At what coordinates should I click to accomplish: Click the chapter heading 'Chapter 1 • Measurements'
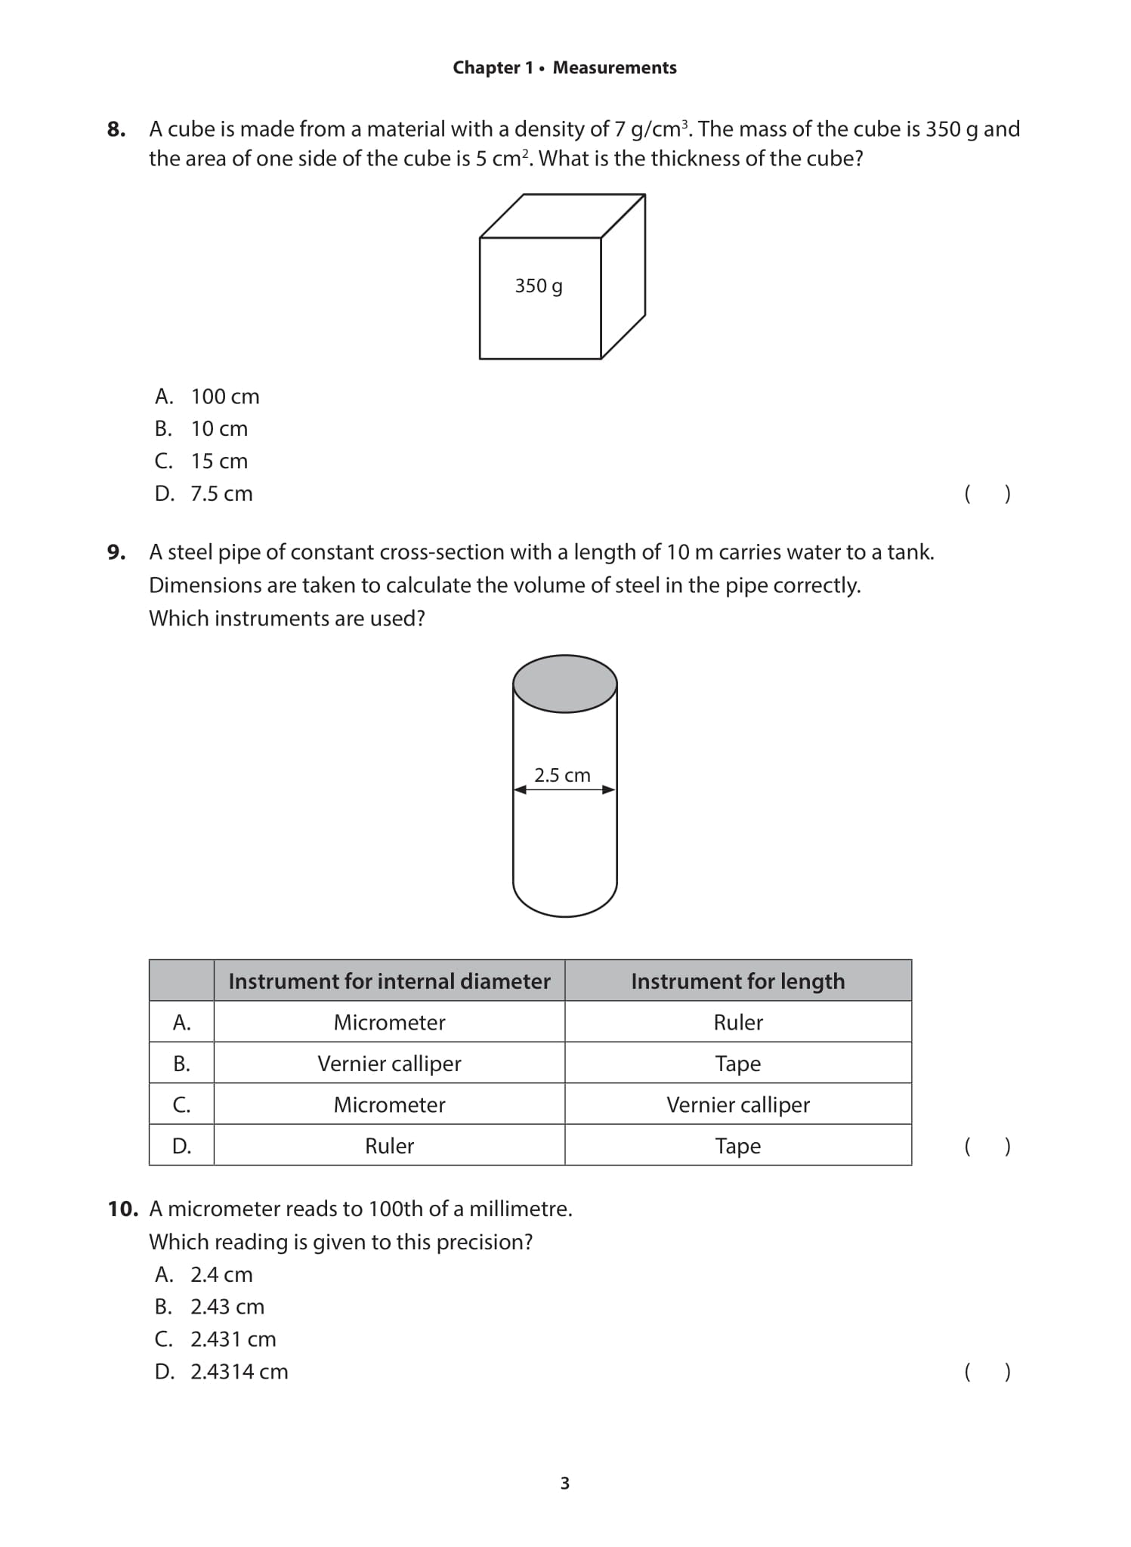click(x=564, y=68)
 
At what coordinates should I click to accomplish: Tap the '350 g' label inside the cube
click(x=539, y=286)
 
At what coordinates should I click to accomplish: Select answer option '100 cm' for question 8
click(x=224, y=397)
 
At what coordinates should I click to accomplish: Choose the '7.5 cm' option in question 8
click(x=221, y=494)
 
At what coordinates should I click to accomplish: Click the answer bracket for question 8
click(x=987, y=494)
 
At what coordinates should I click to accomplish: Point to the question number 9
click(x=116, y=552)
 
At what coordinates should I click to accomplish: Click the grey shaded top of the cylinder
click(x=565, y=684)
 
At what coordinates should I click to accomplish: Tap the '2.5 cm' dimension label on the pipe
click(x=562, y=775)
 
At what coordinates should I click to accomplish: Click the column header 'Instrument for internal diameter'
click(x=389, y=981)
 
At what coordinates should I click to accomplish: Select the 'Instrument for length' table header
click(x=737, y=981)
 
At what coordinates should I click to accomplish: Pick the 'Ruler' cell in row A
click(x=737, y=1022)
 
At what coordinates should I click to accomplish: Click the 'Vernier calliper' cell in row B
click(x=389, y=1064)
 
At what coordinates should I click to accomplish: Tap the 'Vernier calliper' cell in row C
click(x=737, y=1104)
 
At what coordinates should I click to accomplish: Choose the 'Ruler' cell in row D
click(x=389, y=1146)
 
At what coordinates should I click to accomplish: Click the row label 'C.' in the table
click(x=181, y=1104)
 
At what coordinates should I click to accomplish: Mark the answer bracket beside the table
click(x=987, y=1146)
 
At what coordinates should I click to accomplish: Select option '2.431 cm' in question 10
click(x=233, y=1339)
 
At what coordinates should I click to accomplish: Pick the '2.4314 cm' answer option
click(x=239, y=1372)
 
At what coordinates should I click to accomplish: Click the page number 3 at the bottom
click(x=565, y=1484)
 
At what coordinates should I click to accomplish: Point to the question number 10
click(x=122, y=1209)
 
